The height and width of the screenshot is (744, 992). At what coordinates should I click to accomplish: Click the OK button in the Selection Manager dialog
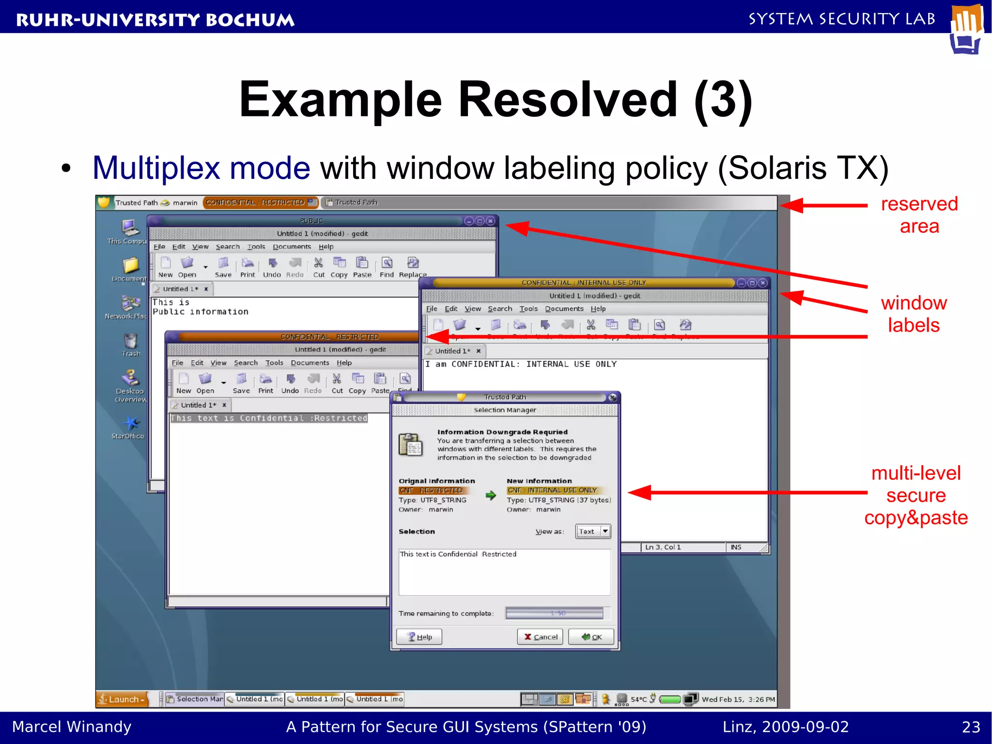[591, 636]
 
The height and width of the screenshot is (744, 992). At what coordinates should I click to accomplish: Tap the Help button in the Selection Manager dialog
[419, 636]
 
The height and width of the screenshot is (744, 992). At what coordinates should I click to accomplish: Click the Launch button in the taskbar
[122, 699]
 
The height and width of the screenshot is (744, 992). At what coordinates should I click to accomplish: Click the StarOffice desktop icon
[129, 427]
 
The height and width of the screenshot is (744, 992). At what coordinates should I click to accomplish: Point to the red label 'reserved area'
[919, 215]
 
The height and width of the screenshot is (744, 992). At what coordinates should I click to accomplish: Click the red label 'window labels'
[914, 314]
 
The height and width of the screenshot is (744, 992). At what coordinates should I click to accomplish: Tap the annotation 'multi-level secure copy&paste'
[915, 495]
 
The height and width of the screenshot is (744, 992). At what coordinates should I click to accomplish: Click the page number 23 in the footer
[971, 727]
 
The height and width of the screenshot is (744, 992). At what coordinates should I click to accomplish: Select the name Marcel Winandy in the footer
[72, 727]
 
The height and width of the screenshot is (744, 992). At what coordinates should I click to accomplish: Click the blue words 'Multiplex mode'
[201, 168]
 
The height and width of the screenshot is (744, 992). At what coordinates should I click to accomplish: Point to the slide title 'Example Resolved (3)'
[496, 99]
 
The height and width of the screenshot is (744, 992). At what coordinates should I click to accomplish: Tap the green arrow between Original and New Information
[491, 495]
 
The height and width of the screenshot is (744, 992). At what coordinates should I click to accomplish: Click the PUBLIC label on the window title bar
[311, 221]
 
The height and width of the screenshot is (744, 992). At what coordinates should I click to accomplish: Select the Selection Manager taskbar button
[195, 699]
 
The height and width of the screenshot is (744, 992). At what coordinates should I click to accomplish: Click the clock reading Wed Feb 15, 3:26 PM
[738, 699]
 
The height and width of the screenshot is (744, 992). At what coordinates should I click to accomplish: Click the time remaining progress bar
[554, 613]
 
